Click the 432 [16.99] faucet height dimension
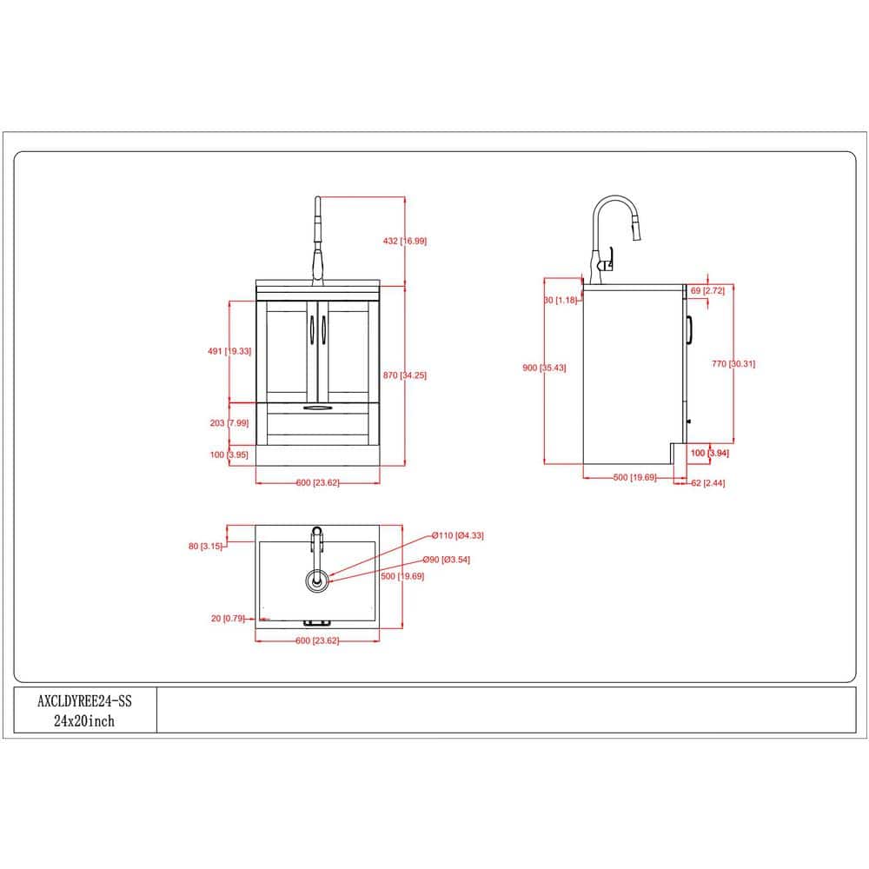pos(405,241)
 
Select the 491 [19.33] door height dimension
pos(229,351)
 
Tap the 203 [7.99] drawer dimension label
pos(229,423)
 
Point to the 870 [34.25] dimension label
pos(405,375)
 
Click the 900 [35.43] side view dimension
pos(544,368)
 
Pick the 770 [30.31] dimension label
pos(733,363)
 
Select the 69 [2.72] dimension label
pos(707,290)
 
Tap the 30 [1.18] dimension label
pos(561,300)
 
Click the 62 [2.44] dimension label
pos(707,482)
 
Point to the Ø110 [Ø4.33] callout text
pos(457,535)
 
